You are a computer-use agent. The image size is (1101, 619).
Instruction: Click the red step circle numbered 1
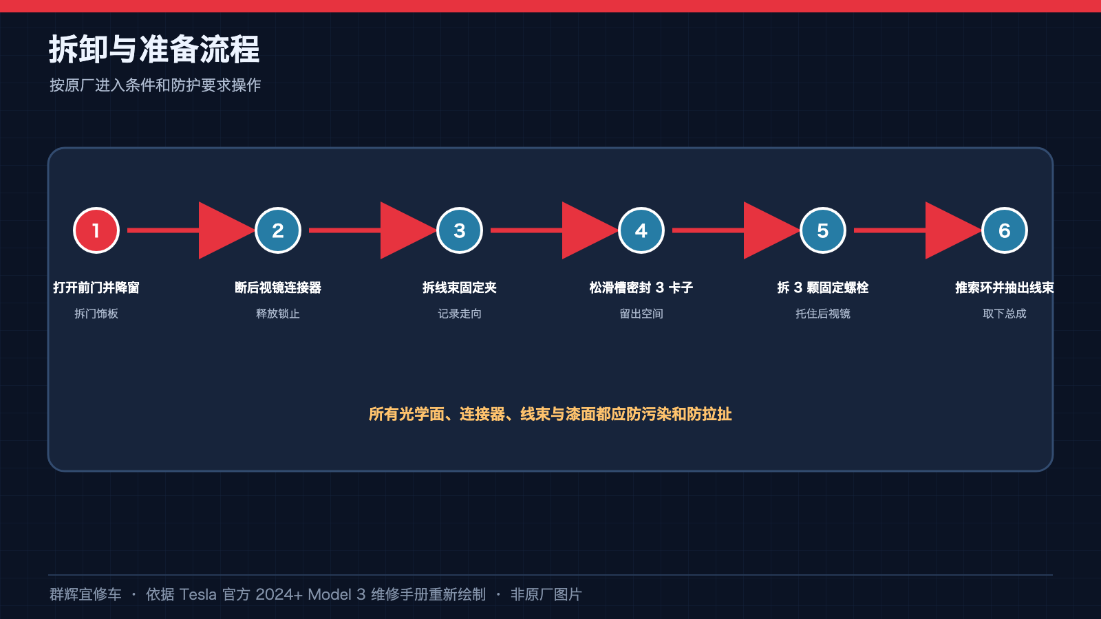pos(96,230)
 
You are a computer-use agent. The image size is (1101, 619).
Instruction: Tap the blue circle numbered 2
pos(278,230)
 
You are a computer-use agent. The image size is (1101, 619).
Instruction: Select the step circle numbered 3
pos(460,230)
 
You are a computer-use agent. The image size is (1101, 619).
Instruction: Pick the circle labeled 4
pos(641,230)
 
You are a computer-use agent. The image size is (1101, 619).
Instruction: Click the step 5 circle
pos(823,230)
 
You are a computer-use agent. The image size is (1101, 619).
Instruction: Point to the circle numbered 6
pos(1004,230)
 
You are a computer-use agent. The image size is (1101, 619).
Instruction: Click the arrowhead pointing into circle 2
pos(221,230)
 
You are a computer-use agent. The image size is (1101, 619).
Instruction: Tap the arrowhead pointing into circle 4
pos(585,230)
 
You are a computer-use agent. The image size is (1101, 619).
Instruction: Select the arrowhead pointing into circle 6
pos(948,230)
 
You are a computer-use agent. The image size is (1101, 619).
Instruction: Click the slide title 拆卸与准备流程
pos(154,49)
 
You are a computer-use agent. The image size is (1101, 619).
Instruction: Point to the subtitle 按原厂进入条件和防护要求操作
pos(156,85)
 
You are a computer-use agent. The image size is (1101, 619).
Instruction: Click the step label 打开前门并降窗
pos(96,287)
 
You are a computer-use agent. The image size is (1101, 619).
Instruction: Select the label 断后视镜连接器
pos(278,287)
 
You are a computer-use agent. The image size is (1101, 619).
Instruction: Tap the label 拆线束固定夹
pos(460,287)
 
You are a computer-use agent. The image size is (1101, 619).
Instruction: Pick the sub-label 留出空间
pos(641,314)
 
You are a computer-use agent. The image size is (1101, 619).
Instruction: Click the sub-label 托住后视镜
pos(823,314)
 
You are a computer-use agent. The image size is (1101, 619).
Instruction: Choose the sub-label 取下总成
pos(1004,314)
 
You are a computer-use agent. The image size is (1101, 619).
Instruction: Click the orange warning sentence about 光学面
pos(550,414)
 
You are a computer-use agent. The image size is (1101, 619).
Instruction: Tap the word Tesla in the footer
pos(197,594)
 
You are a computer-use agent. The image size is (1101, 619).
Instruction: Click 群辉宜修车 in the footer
pos(85,594)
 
